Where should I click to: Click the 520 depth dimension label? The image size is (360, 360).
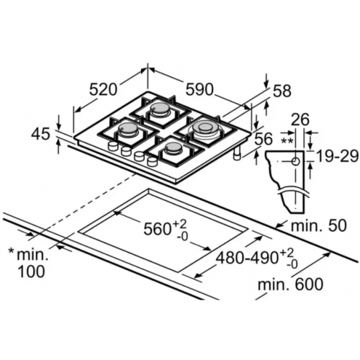(x=104, y=89)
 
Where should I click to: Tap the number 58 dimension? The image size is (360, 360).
(x=282, y=91)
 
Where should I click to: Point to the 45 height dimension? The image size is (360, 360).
(x=42, y=133)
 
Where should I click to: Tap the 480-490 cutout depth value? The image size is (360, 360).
(x=245, y=258)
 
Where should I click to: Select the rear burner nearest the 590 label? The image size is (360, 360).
(x=161, y=111)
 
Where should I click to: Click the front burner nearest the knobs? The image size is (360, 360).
(x=173, y=149)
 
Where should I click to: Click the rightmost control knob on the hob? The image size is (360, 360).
(x=151, y=162)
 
